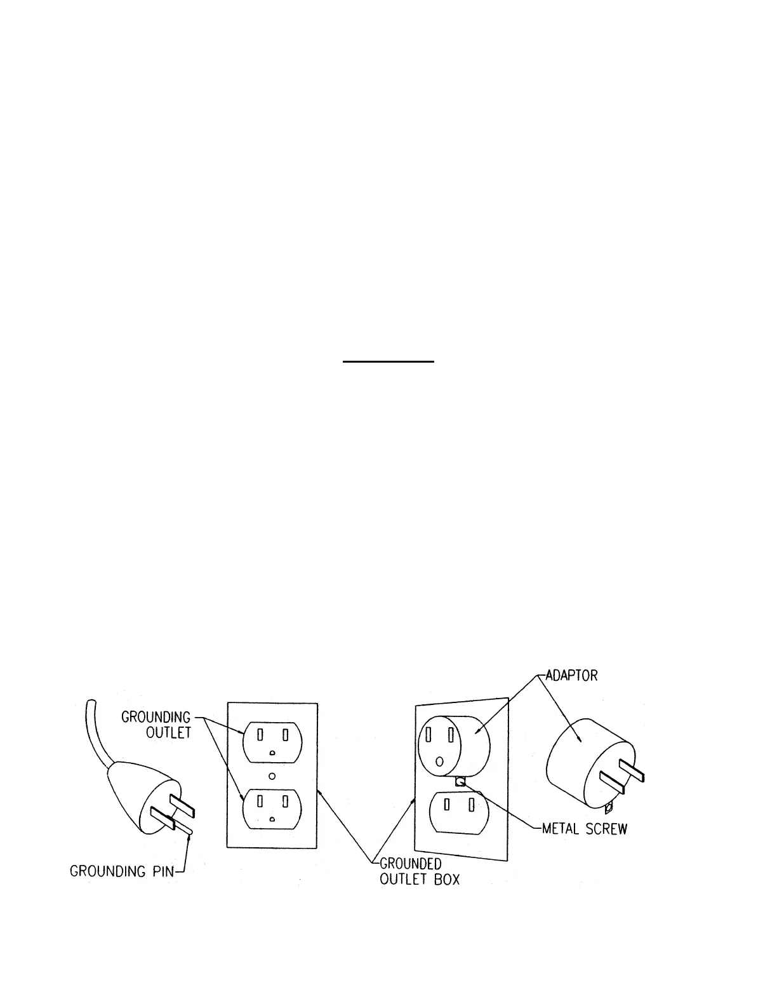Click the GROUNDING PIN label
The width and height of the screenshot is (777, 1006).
tap(121, 871)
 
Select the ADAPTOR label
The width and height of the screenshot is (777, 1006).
tap(571, 674)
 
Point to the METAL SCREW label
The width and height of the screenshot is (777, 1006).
tap(584, 829)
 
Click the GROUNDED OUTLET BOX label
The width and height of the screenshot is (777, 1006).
tap(419, 871)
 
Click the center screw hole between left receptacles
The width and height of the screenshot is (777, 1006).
tap(272, 775)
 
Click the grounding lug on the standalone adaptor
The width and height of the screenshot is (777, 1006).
tap(609, 808)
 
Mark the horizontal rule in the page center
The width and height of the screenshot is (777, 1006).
tap(388, 362)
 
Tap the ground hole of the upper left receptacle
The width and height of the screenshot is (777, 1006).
tap(272, 753)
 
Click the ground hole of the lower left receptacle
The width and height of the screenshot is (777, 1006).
tap(272, 820)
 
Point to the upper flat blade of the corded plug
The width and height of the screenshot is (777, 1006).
tap(183, 803)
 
